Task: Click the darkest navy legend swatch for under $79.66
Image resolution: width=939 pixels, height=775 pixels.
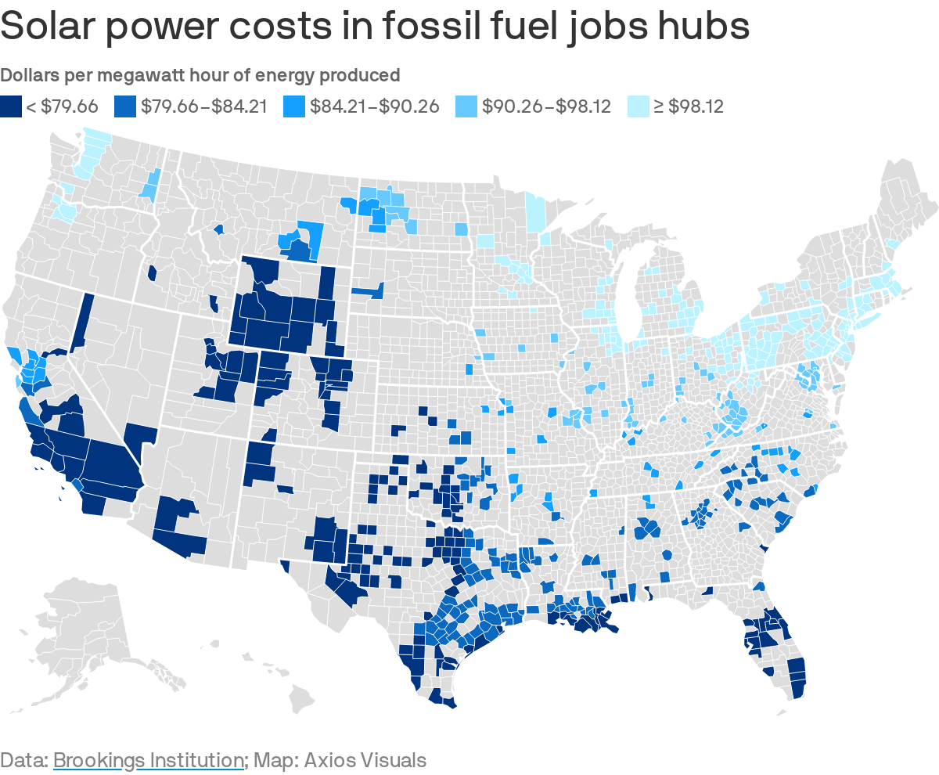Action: (11, 106)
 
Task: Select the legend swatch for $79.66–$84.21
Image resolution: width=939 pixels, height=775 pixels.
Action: (125, 106)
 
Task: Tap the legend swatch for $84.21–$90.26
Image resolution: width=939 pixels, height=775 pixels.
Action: (294, 106)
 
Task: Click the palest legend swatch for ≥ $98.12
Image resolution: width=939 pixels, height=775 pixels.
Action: (639, 106)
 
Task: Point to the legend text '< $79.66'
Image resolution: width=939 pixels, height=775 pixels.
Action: (62, 106)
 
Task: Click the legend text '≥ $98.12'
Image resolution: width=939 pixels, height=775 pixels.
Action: (689, 106)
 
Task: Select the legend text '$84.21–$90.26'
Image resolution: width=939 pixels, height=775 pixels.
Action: (375, 106)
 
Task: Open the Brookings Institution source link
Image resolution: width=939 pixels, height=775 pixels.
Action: (149, 759)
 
